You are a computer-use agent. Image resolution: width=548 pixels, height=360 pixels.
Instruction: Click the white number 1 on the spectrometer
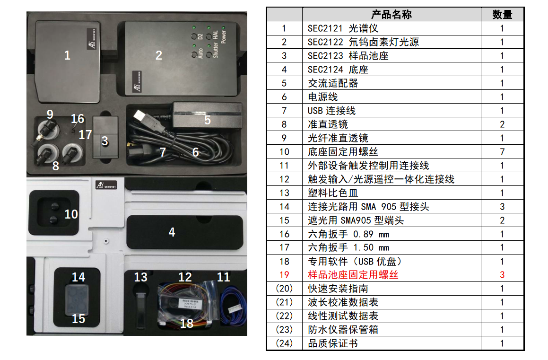click(67, 55)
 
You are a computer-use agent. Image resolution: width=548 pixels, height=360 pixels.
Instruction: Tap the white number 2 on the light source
click(159, 55)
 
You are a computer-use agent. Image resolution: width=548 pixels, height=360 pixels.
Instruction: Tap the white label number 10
click(71, 214)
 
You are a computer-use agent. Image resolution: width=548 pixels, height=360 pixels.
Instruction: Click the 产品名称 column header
click(391, 15)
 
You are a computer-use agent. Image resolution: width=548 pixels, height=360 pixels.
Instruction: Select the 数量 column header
click(502, 15)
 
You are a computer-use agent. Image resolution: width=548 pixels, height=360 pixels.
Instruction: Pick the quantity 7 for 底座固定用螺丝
click(502, 152)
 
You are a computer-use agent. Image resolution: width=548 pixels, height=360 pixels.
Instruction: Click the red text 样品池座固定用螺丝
click(353, 275)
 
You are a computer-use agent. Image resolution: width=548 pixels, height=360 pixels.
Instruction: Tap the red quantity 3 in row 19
click(502, 275)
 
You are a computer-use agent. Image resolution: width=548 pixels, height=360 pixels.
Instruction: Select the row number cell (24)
click(284, 343)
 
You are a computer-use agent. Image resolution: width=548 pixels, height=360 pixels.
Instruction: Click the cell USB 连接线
click(331, 111)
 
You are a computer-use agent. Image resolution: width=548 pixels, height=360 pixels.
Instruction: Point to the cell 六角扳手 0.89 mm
click(348, 234)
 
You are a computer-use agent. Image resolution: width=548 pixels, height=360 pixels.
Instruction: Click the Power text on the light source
click(224, 37)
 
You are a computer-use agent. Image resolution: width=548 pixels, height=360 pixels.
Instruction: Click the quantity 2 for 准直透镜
click(502, 124)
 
